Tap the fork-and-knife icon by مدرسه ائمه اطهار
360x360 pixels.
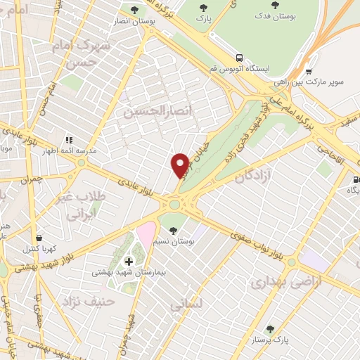tap(70, 140)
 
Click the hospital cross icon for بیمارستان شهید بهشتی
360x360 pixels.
tap(128, 262)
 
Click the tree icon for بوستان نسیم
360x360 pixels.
tap(173, 231)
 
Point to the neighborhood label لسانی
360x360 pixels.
tap(186, 304)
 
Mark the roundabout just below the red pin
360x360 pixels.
tap(174, 205)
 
